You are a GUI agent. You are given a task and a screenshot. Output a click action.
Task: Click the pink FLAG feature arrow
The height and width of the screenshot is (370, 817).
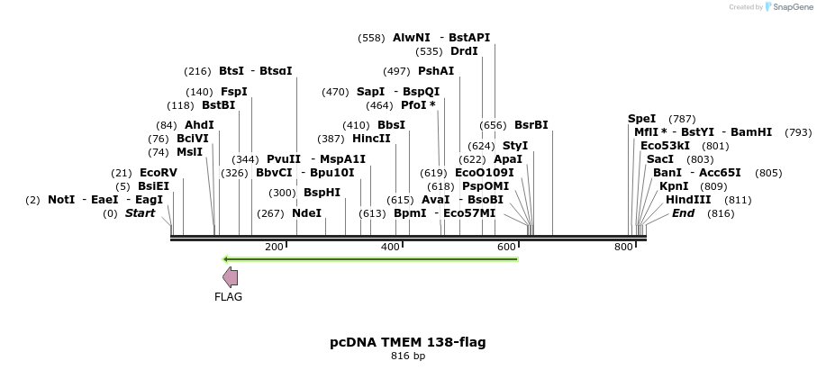click(x=231, y=277)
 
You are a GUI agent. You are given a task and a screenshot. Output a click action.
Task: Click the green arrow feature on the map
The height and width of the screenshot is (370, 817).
click(x=369, y=259)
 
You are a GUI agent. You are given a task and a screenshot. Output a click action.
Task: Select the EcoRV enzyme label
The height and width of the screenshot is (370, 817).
click(x=159, y=172)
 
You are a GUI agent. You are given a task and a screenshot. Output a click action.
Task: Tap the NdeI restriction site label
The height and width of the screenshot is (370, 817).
click(x=306, y=213)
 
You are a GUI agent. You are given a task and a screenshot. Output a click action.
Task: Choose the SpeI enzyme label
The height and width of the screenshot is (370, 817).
click(x=642, y=119)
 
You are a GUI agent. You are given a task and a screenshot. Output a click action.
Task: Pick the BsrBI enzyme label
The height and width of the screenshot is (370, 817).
click(x=531, y=125)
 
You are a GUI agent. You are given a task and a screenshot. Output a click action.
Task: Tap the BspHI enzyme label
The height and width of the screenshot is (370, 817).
click(x=322, y=193)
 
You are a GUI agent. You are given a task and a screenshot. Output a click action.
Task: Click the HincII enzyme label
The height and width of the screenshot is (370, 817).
click(x=371, y=139)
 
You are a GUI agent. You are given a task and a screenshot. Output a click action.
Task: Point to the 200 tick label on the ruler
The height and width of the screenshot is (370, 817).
click(x=274, y=248)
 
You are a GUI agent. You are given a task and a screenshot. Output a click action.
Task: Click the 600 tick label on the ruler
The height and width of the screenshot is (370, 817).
click(x=506, y=248)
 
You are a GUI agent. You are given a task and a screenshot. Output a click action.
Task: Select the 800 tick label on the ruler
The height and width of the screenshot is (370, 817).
click(x=623, y=248)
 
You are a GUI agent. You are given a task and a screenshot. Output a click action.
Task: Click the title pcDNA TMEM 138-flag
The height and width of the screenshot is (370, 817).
click(x=408, y=342)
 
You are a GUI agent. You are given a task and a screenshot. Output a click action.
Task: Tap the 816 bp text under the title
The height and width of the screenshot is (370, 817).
click(x=408, y=356)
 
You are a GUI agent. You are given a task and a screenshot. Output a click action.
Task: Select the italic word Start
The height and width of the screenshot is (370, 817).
click(x=140, y=213)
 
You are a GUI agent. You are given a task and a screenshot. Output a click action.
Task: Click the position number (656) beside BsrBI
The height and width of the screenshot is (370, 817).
click(x=493, y=125)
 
